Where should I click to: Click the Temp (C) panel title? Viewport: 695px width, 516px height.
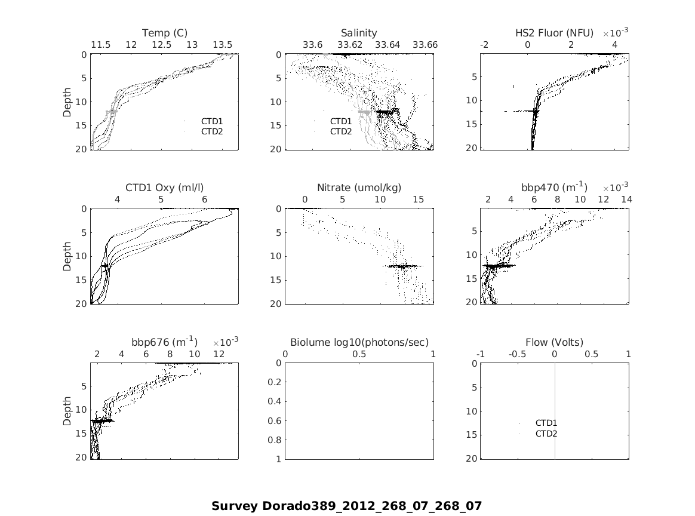pos(164,33)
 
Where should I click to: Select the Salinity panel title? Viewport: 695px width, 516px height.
pos(359,33)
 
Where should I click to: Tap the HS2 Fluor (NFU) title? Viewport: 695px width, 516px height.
pos(554,33)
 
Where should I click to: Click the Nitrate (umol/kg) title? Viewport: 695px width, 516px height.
pos(359,188)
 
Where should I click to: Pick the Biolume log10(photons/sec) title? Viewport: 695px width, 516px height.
pos(359,342)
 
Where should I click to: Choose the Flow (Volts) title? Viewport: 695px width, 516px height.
pos(554,342)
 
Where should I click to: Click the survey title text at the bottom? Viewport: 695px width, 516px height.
pos(346,506)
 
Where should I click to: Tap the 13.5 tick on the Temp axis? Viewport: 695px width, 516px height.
pos(223,45)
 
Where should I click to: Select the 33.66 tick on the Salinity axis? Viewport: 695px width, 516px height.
pos(425,45)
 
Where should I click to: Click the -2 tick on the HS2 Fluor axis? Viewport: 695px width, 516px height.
pos(484,45)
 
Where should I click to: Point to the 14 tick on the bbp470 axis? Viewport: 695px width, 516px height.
pos(626,199)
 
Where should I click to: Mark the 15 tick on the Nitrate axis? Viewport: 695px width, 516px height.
pos(418,199)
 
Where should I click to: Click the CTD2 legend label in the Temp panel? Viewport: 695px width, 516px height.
pos(212,131)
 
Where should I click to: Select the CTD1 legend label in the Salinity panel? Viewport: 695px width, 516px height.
pos(341,121)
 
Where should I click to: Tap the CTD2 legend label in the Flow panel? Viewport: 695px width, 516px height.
pos(546,434)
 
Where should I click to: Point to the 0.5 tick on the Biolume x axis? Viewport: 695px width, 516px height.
pos(359,354)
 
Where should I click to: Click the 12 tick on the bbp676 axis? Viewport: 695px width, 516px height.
pos(219,354)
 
